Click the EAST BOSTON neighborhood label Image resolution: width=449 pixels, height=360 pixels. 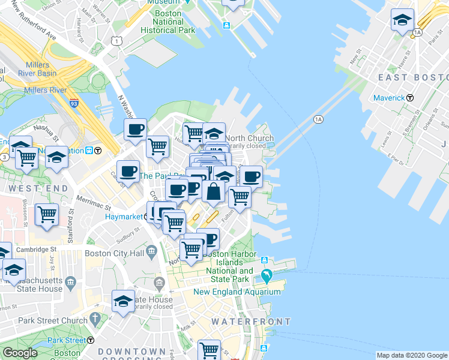point(413,77)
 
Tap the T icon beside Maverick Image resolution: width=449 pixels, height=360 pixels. point(410,97)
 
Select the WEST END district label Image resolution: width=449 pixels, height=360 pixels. point(28,188)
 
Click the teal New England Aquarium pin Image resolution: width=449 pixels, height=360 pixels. point(267,277)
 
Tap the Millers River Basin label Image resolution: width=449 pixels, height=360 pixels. point(41,69)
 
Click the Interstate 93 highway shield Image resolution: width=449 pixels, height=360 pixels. point(74,104)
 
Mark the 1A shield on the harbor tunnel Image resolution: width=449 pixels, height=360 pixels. point(318,119)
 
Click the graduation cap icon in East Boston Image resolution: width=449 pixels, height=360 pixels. point(402,20)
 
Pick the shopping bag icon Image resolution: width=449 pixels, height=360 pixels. point(213,191)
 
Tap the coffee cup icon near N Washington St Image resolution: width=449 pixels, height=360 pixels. point(136,129)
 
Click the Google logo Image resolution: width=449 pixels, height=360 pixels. point(20,353)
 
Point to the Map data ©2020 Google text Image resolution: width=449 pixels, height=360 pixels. point(412,355)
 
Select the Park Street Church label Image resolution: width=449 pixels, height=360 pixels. point(53,320)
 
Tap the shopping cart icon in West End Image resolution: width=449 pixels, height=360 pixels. point(47,214)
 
